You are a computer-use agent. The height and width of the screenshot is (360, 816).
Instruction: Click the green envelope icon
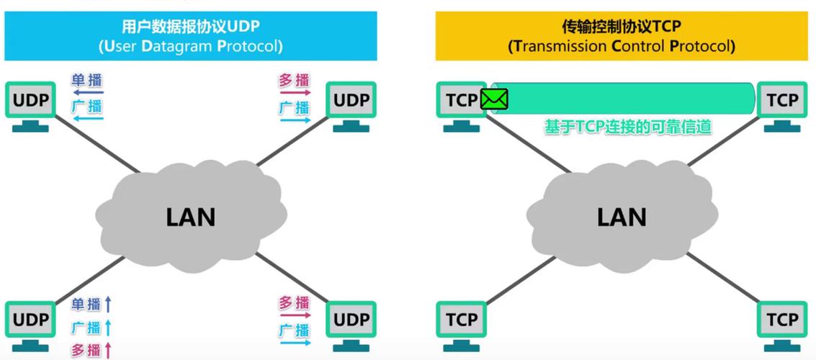[495, 99]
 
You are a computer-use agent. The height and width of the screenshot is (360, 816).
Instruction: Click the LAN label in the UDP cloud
[191, 217]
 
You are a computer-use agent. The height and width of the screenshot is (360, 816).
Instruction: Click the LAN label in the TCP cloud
[622, 217]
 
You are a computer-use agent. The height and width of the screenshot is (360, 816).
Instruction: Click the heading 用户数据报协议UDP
[191, 27]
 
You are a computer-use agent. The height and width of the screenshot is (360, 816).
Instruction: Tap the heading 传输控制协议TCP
[622, 27]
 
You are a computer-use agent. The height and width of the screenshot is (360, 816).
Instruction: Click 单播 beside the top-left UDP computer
[86, 80]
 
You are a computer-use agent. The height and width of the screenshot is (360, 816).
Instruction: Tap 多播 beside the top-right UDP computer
[294, 80]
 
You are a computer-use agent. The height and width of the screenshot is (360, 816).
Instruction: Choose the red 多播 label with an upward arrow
[86, 351]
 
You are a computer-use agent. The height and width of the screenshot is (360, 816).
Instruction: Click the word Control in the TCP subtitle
[638, 47]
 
